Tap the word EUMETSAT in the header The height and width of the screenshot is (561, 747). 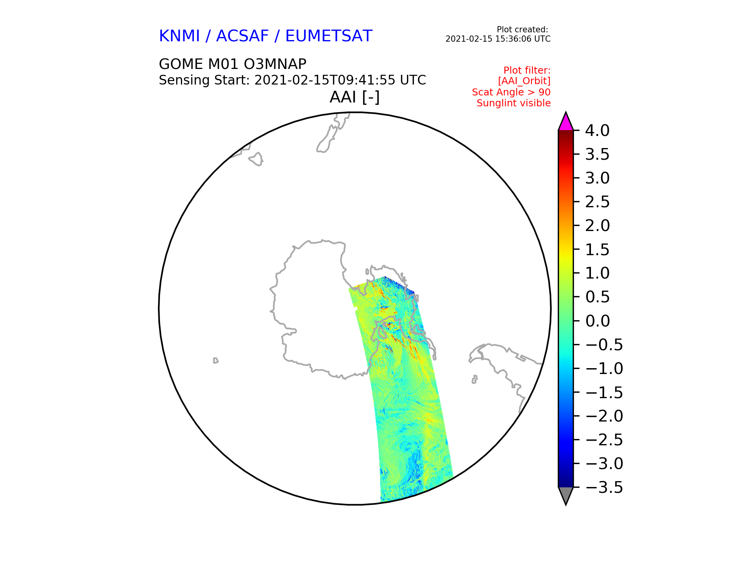pos(329,36)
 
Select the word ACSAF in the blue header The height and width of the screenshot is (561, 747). pos(242,36)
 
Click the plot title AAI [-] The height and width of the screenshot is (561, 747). pos(354,97)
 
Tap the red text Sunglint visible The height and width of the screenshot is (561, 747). pos(514,103)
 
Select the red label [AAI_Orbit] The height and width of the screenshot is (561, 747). pos(524,81)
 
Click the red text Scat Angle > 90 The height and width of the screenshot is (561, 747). pos(511,92)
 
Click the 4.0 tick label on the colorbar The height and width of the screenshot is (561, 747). pos(597,131)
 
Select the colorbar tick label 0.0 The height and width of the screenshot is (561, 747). pos(597,321)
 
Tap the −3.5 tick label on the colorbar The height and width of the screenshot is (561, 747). pos(604,487)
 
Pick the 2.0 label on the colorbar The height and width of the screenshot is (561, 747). pos(597,226)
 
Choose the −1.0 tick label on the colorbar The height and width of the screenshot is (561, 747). pos(604,369)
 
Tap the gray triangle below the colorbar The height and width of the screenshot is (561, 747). pos(566,495)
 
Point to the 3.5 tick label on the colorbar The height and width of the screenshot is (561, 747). pos(597,155)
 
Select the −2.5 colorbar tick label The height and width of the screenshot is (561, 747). pos(604,440)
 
